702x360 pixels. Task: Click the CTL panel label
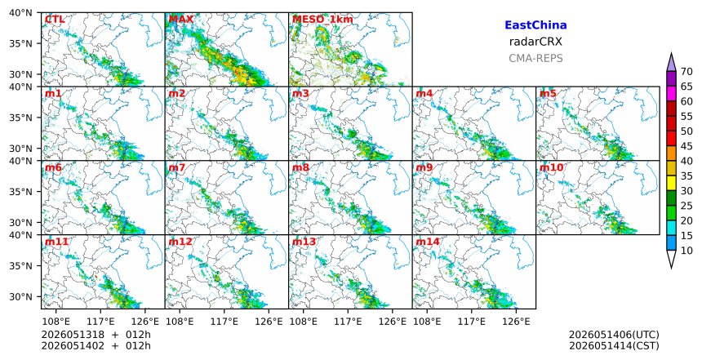tap(55, 20)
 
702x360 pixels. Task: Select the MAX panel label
tap(181, 20)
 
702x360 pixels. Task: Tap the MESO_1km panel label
tap(322, 20)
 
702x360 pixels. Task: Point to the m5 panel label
tap(548, 94)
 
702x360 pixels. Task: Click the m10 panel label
tap(551, 168)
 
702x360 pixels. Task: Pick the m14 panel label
tap(428, 242)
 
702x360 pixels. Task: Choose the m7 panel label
tap(177, 168)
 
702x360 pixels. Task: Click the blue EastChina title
tap(535, 25)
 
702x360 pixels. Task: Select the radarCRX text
tap(535, 42)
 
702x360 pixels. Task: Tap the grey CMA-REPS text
tap(535, 58)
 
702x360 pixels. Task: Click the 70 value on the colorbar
tap(686, 72)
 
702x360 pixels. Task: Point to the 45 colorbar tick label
tap(686, 146)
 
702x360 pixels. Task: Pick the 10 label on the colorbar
tap(686, 251)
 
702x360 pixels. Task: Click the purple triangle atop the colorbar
tap(671, 64)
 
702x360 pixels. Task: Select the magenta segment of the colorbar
tap(671, 94)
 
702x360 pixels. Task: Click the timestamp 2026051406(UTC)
tap(614, 335)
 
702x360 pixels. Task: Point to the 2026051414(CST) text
tap(614, 345)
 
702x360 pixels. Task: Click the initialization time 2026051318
tap(73, 335)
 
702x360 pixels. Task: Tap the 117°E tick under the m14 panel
tap(473, 322)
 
